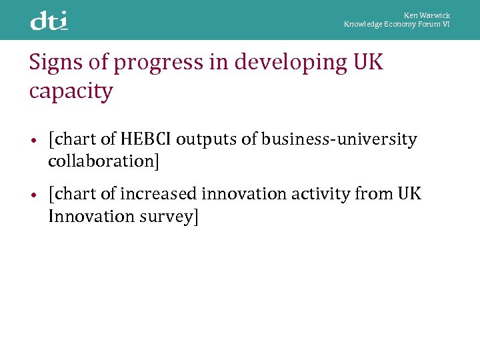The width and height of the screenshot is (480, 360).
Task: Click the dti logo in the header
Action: click(x=49, y=21)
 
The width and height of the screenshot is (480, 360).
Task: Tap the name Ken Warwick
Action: click(x=427, y=15)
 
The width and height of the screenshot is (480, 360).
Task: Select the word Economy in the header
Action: click(x=400, y=24)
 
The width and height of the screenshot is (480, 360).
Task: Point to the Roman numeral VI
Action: click(x=446, y=24)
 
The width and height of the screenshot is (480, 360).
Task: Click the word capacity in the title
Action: click(x=71, y=92)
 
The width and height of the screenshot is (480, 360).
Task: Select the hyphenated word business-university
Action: click(x=339, y=140)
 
